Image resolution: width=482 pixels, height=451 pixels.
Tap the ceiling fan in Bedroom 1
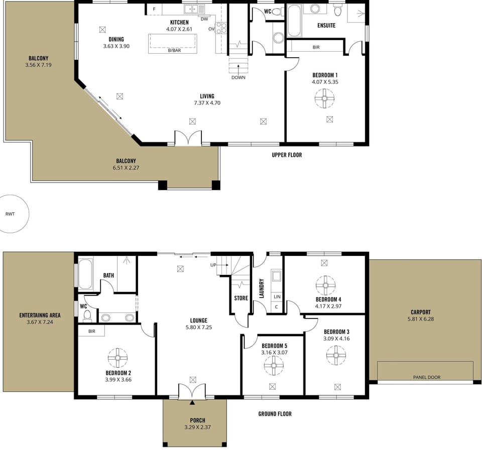click(325, 98)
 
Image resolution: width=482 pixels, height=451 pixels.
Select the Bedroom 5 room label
click(275, 346)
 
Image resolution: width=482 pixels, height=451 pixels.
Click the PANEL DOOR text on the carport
click(427, 377)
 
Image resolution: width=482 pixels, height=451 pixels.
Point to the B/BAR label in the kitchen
click(174, 50)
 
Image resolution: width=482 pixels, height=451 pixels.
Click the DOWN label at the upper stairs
click(238, 77)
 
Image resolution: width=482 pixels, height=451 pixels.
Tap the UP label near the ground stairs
click(213, 265)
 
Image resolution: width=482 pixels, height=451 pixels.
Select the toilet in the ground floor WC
click(87, 316)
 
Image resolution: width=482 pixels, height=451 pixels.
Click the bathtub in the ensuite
click(295, 21)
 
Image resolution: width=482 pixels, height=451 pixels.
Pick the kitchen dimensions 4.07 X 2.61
click(179, 29)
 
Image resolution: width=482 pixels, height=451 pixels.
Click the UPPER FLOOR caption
click(287, 155)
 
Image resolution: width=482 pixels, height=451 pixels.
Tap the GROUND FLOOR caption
click(275, 414)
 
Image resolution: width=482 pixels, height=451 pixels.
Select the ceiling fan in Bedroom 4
click(325, 285)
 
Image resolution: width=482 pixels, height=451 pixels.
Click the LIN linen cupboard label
click(277, 297)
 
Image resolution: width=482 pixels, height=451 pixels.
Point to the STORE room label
click(241, 298)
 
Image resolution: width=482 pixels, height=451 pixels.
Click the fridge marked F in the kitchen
click(154, 9)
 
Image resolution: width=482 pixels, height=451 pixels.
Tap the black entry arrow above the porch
click(192, 403)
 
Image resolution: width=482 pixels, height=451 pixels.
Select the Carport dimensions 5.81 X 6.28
click(421, 319)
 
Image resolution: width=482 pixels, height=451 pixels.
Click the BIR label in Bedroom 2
click(91, 331)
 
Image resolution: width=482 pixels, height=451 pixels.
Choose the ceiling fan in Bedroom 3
click(336, 355)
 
